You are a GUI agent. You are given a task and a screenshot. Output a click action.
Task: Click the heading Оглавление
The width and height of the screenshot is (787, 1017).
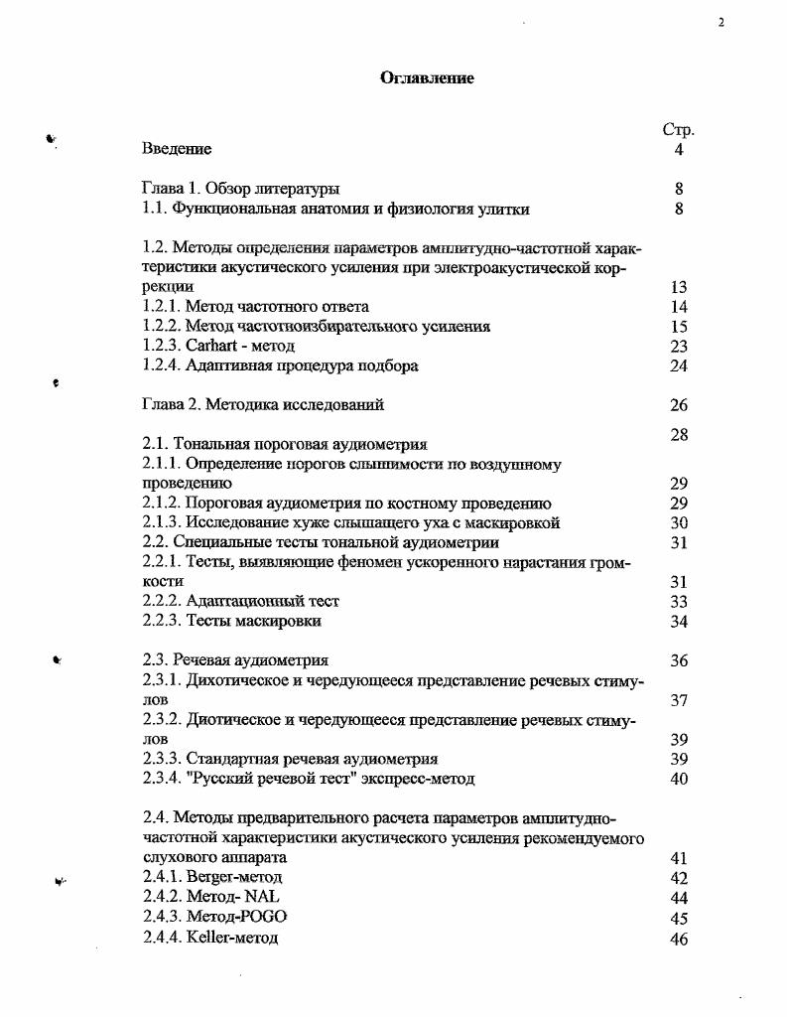[x=427, y=78]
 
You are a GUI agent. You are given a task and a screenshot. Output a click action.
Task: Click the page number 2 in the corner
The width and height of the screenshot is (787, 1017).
[x=721, y=23]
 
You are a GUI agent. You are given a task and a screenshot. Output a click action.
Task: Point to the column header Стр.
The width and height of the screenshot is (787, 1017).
[x=678, y=130]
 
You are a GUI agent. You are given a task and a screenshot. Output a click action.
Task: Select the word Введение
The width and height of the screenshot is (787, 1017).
[x=177, y=150]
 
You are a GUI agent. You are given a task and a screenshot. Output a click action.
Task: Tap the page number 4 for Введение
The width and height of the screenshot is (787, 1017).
[x=679, y=150]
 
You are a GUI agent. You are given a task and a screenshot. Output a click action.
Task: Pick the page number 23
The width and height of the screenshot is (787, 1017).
[x=679, y=346]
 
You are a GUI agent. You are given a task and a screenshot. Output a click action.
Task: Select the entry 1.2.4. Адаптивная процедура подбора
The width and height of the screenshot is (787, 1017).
[x=280, y=365]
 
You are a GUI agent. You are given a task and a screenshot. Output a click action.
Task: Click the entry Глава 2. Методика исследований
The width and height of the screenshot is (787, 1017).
[x=263, y=404]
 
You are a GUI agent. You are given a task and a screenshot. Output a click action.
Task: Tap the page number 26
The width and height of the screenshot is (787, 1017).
[x=679, y=405]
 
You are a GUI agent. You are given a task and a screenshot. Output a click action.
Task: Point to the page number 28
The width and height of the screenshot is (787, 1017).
[x=679, y=434]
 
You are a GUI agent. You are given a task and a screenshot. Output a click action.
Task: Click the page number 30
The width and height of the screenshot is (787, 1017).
[x=679, y=522]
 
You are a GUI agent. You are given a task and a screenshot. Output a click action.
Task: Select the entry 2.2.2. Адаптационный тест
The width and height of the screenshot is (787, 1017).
[x=241, y=601]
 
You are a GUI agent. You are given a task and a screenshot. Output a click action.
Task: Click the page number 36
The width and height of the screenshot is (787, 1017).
[x=679, y=660]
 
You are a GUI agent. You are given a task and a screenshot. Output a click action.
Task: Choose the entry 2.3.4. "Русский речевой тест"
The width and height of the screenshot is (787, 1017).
[x=309, y=779]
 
